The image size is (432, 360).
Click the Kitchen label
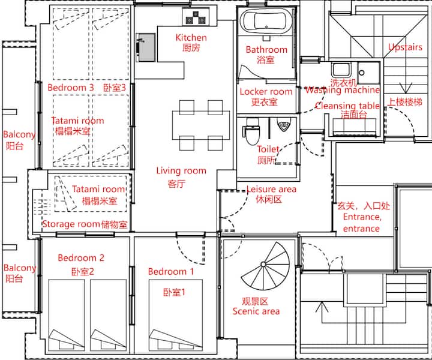(191, 37)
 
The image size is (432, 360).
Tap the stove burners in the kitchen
(196, 17)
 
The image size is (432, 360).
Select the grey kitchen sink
(146, 47)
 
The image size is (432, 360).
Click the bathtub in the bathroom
(266, 21)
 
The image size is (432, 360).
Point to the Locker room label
(266, 91)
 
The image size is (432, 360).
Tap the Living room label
(181, 171)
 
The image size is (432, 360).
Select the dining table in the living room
(201, 125)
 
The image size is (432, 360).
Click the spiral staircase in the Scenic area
(265, 266)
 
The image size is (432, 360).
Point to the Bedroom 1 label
(171, 272)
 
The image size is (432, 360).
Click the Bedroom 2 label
(81, 258)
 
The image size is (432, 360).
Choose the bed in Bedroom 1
(176, 316)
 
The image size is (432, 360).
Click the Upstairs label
(405, 47)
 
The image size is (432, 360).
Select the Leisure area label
(271, 189)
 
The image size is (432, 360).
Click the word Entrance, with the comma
(362, 217)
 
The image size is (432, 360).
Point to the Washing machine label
(343, 90)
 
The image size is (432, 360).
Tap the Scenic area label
(256, 311)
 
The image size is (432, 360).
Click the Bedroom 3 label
(71, 88)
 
